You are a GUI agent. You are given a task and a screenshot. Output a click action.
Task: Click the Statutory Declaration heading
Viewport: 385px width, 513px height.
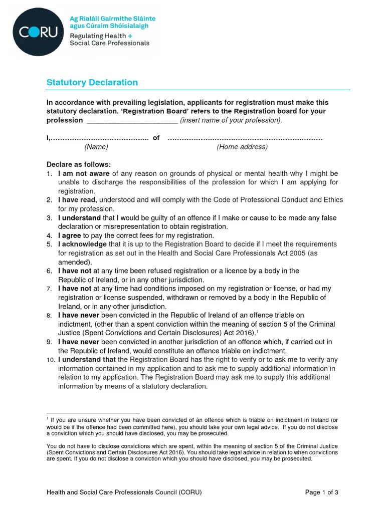tap(92, 82)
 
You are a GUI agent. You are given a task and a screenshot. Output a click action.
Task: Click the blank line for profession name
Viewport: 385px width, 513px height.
tap(132, 121)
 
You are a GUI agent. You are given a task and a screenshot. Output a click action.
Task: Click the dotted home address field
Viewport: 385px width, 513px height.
tap(245, 138)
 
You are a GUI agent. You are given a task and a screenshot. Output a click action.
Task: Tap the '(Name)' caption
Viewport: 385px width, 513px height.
tap(96, 147)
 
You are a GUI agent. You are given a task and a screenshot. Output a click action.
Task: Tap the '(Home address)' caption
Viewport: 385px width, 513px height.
tap(242, 147)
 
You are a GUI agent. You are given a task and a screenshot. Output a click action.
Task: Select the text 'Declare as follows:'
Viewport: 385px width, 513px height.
tap(79, 164)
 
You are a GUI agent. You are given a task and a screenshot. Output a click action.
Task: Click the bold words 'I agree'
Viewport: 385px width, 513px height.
tap(70, 235)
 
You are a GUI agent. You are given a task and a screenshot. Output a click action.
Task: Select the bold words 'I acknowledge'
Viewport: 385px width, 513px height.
tap(82, 244)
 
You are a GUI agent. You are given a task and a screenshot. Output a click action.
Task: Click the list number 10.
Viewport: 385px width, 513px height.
tap(50, 360)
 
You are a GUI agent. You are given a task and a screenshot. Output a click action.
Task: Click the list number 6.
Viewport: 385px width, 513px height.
tap(50, 271)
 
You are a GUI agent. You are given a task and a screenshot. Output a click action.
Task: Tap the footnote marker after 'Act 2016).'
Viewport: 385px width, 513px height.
tap(257, 331)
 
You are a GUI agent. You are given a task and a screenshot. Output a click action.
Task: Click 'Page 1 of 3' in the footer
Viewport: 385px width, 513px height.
tap(322, 492)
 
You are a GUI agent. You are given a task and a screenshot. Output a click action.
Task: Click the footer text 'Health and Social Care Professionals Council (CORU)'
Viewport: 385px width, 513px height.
tap(124, 492)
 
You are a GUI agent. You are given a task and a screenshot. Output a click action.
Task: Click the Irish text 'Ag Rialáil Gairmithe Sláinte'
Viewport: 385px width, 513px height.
tap(112, 19)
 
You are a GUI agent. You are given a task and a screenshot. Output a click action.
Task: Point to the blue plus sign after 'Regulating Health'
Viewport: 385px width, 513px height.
tap(130, 36)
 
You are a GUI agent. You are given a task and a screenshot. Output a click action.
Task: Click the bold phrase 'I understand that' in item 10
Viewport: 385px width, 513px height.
tap(87, 360)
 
